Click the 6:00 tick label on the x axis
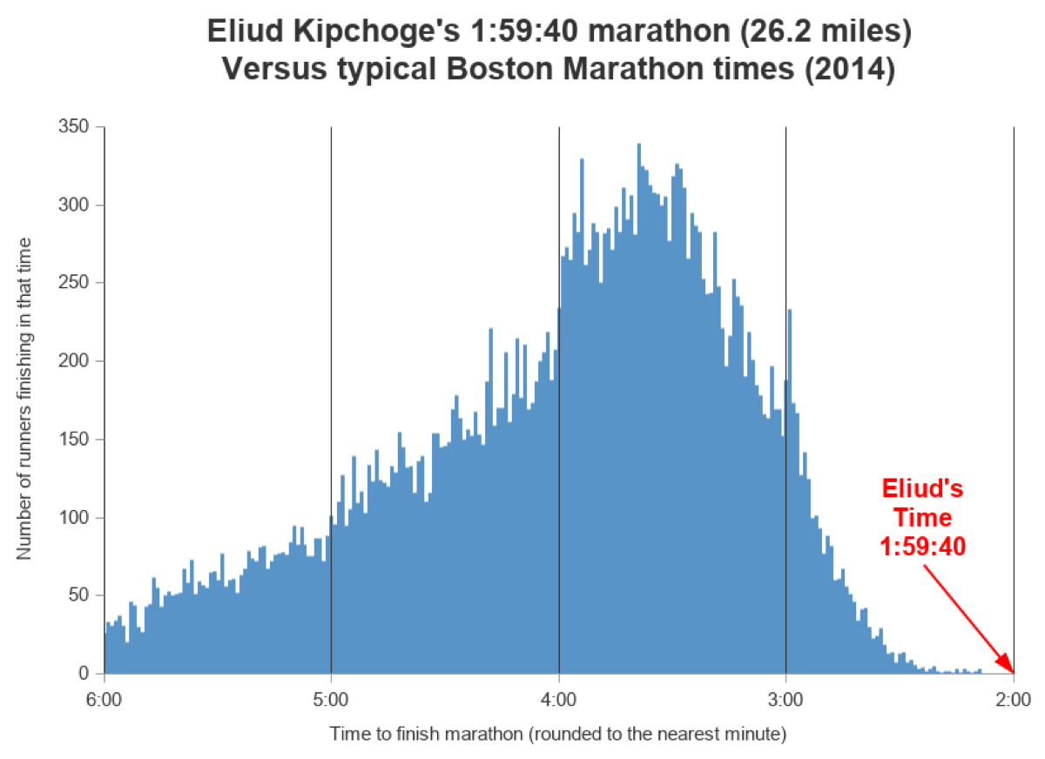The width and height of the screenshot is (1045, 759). (104, 699)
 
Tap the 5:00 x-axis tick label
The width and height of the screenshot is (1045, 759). (331, 699)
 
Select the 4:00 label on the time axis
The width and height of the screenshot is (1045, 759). (558, 699)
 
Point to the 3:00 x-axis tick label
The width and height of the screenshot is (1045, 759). (785, 699)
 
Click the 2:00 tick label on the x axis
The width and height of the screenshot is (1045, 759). (1013, 699)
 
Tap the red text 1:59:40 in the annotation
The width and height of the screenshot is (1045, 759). (922, 547)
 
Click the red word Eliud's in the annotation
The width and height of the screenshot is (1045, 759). (922, 487)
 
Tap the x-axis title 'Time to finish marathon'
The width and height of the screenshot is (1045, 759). (557, 735)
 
